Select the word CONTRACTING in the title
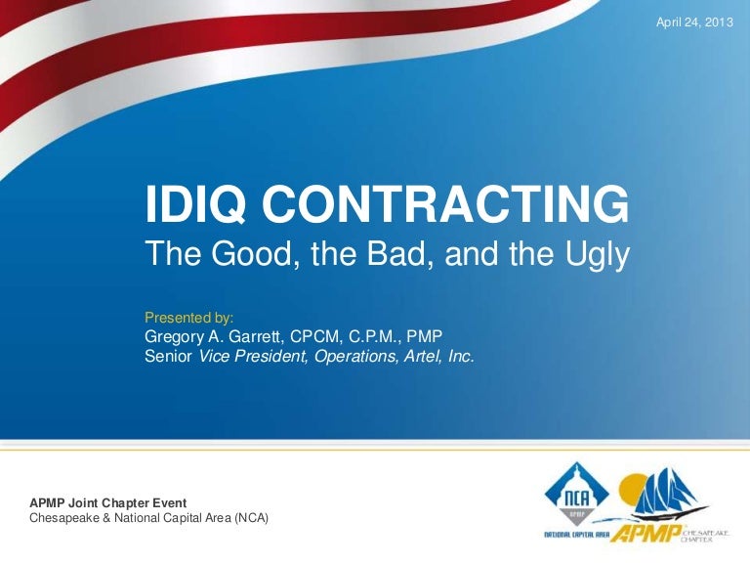pyautogui.click(x=445, y=205)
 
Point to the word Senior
pyautogui.click(x=169, y=357)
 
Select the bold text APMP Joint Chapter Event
pyautogui.click(x=108, y=502)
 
